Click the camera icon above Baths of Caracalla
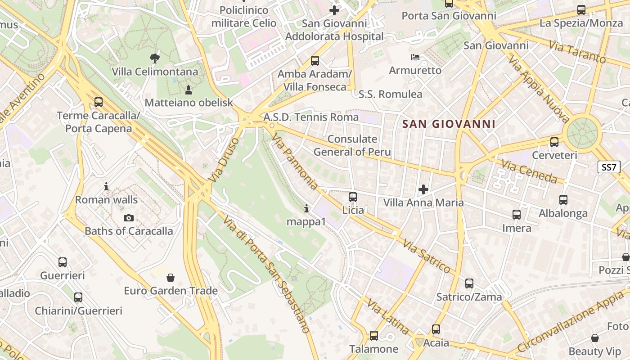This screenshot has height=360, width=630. (x=128, y=218)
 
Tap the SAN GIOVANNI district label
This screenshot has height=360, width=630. (x=449, y=124)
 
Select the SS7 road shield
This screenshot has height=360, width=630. (x=609, y=167)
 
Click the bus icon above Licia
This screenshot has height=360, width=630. (x=353, y=197)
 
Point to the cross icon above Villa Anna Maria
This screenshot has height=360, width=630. (x=423, y=189)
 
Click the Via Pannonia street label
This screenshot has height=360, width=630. (x=295, y=162)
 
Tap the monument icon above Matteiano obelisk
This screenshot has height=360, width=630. (x=189, y=90)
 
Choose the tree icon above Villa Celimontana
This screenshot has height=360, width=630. (x=154, y=58)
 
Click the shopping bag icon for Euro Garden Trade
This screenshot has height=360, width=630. (x=171, y=278)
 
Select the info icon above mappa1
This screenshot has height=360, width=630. (x=306, y=208)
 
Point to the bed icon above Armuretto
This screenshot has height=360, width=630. (x=415, y=57)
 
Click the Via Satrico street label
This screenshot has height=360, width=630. (x=427, y=257)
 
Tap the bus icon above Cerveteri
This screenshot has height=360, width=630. (x=554, y=142)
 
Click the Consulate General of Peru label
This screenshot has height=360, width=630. (x=352, y=145)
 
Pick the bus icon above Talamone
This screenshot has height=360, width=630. (x=373, y=336)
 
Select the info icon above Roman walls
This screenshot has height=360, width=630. (x=106, y=186)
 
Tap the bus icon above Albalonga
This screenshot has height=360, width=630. (x=563, y=200)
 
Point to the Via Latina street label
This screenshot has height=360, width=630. (x=388, y=317)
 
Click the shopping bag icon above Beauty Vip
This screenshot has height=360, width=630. (x=595, y=338)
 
